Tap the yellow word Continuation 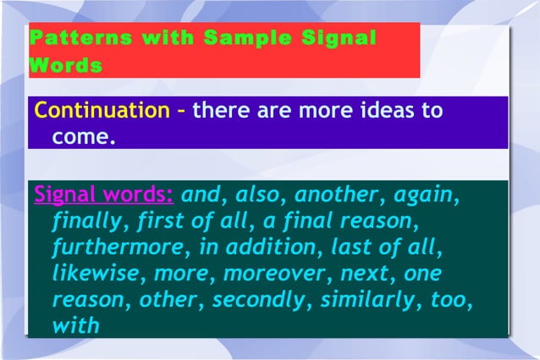(102, 111)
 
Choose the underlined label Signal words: (103, 195)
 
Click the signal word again (427, 197)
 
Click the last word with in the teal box (75, 325)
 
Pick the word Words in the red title (65, 65)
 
